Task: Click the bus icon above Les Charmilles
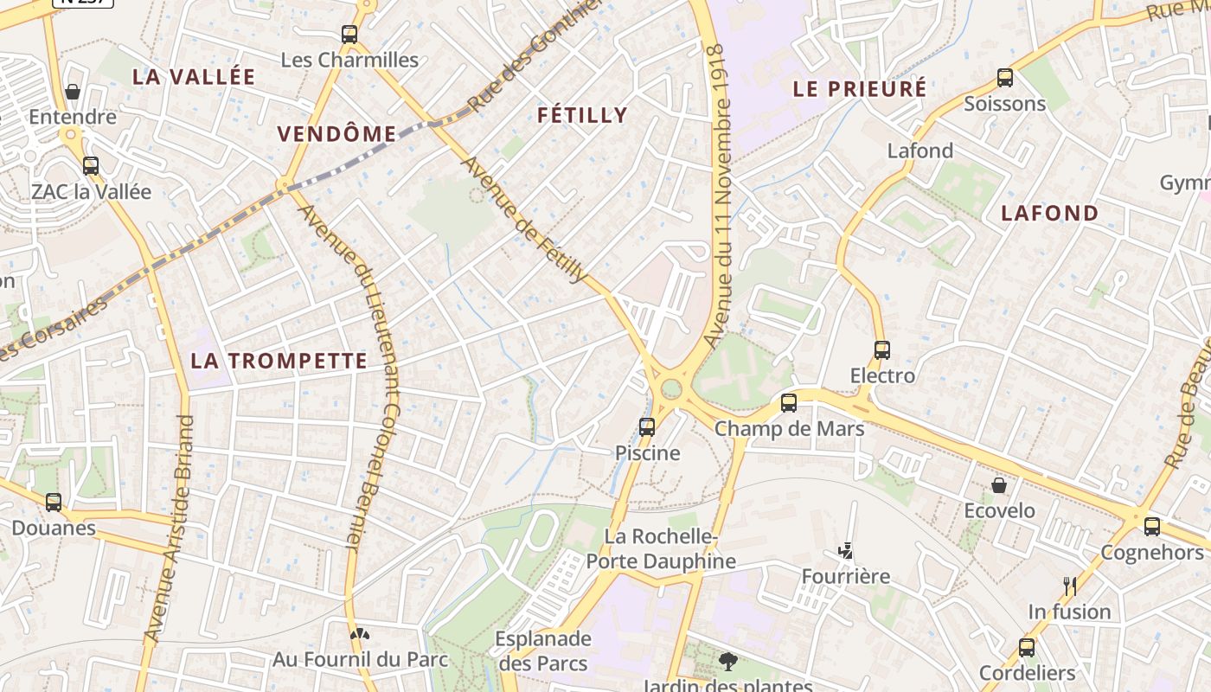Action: point(349,35)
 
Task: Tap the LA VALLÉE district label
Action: point(194,76)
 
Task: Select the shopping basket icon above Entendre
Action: point(73,92)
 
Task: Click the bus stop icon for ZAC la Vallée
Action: point(91,166)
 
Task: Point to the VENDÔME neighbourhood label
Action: point(336,134)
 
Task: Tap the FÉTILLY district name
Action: point(582,115)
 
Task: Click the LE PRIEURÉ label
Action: point(859,88)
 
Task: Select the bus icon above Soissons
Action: point(1005,78)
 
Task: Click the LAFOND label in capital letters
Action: point(1049,213)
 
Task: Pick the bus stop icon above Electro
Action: point(882,350)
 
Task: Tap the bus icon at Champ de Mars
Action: point(789,403)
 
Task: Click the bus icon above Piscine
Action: point(647,426)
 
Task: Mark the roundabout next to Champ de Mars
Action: point(671,389)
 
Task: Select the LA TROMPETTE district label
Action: point(279,361)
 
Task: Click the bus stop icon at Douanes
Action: point(54,502)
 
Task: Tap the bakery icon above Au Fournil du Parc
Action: point(360,633)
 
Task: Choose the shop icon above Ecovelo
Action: point(999,485)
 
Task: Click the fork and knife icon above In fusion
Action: point(1069,586)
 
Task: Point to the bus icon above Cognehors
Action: point(1152,526)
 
